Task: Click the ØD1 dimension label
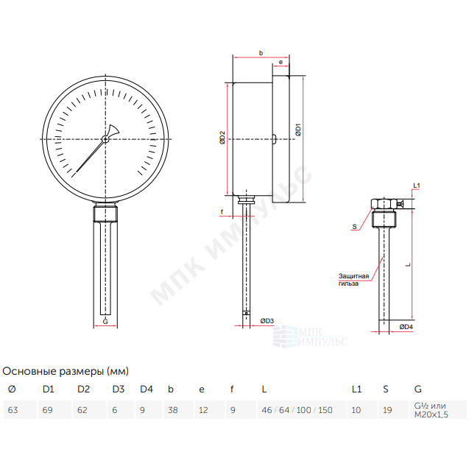point(298,130)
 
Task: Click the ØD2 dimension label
point(222,138)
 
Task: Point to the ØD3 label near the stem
point(267,321)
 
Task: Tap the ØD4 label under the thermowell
point(406,327)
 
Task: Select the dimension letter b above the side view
point(261,53)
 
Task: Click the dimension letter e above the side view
point(281,62)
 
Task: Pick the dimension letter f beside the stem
point(222,212)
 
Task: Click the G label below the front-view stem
point(105,322)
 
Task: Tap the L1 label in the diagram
point(417,186)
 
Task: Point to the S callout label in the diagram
point(354,227)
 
